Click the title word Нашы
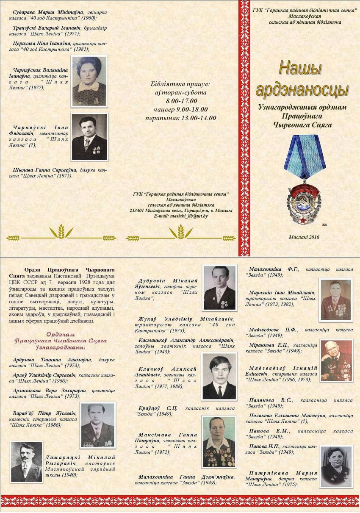(x=300, y=69)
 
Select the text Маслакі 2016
(x=304, y=237)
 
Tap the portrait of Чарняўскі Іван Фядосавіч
(x=89, y=136)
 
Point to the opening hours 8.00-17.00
(x=182, y=101)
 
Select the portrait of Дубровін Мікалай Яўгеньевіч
(x=219, y=288)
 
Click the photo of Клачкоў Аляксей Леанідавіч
(x=219, y=376)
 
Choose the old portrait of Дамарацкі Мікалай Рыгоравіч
(x=26, y=462)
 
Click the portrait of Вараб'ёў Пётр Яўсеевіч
(x=98, y=425)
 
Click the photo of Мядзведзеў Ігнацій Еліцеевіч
(x=336, y=360)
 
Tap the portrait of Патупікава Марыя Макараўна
(x=336, y=466)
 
